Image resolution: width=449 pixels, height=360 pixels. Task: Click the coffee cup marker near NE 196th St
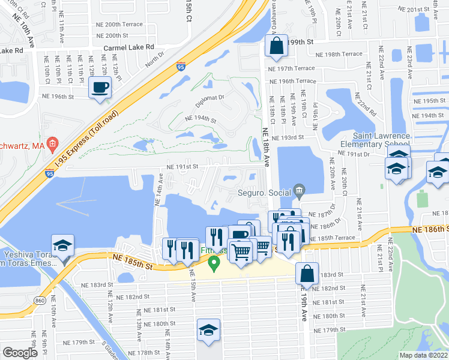click(x=100, y=88)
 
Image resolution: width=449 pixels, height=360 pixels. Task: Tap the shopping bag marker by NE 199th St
click(x=276, y=47)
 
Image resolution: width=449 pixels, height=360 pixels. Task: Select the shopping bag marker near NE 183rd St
click(x=307, y=274)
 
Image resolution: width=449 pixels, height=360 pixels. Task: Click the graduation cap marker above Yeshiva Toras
click(x=63, y=245)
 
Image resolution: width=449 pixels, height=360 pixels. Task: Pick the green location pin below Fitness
click(x=213, y=263)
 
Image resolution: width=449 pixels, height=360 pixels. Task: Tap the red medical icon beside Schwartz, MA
click(x=52, y=144)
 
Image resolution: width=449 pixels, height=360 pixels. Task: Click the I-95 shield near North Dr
click(x=181, y=68)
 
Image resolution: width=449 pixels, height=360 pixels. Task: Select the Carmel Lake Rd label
click(x=128, y=47)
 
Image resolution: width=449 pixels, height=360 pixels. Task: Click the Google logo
click(x=20, y=353)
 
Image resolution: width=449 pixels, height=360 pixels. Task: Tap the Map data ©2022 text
click(x=424, y=355)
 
